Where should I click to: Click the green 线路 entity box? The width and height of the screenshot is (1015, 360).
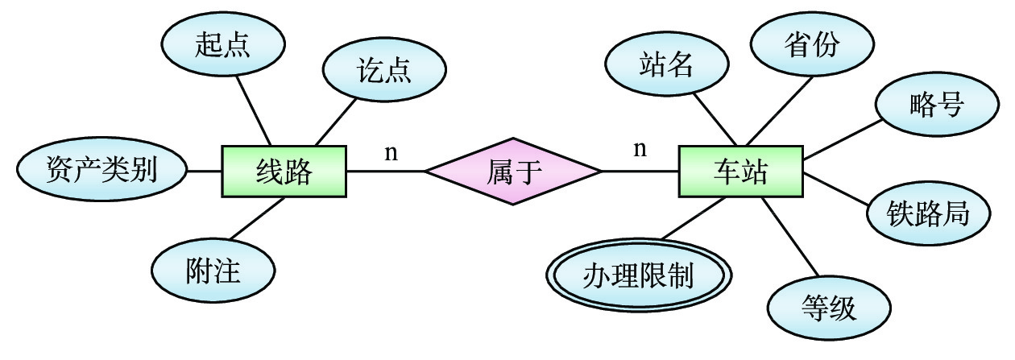(x=284, y=172)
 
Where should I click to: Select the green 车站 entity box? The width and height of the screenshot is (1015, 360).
(x=740, y=172)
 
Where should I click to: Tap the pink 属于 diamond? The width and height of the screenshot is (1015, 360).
(x=513, y=172)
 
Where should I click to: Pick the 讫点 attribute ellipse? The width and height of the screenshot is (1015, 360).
(x=383, y=70)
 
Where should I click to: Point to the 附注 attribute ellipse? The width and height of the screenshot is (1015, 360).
(x=213, y=271)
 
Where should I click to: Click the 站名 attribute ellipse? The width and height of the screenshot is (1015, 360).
(x=666, y=65)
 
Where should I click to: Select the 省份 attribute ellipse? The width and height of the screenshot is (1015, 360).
(x=811, y=45)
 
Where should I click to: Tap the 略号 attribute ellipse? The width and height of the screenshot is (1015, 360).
(x=936, y=106)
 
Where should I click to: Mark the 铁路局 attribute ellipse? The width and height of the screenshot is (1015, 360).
(x=928, y=213)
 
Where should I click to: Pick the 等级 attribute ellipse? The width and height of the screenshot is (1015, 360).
(x=830, y=308)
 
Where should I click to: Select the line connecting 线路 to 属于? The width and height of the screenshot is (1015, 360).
(x=385, y=172)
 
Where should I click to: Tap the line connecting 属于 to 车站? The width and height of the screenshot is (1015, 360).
(x=640, y=172)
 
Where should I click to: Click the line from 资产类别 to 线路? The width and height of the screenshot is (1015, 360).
(x=204, y=171)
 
